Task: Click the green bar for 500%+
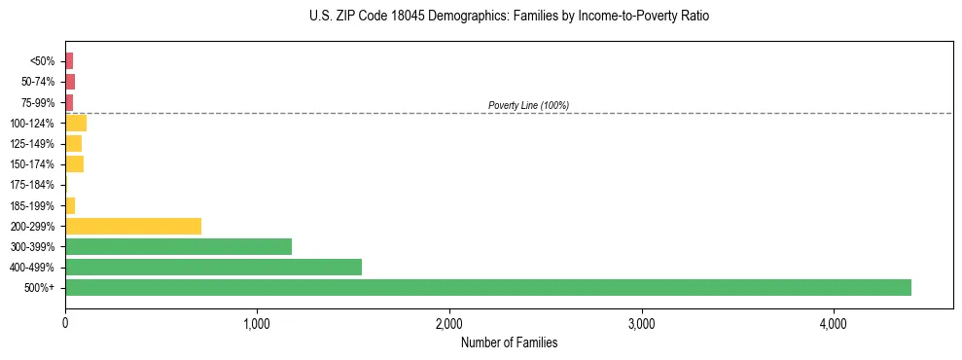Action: pyautogui.click(x=487, y=287)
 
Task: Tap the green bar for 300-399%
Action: pyautogui.click(x=178, y=246)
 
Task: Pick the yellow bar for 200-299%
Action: pyautogui.click(x=133, y=226)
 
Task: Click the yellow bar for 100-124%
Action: pyautogui.click(x=76, y=123)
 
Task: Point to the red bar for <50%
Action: pyautogui.click(x=69, y=61)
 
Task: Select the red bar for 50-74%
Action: pyautogui.click(x=70, y=82)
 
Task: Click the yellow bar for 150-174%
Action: pyautogui.click(x=74, y=163)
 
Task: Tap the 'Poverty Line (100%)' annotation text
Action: pyautogui.click(x=528, y=105)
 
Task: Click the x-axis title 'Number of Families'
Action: pyautogui.click(x=509, y=342)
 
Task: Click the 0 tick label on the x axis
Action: pyautogui.click(x=65, y=323)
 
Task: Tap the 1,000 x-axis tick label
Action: pyautogui.click(x=257, y=323)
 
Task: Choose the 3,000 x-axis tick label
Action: pyautogui.click(x=641, y=323)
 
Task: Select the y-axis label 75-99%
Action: pyautogui.click(x=39, y=102)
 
